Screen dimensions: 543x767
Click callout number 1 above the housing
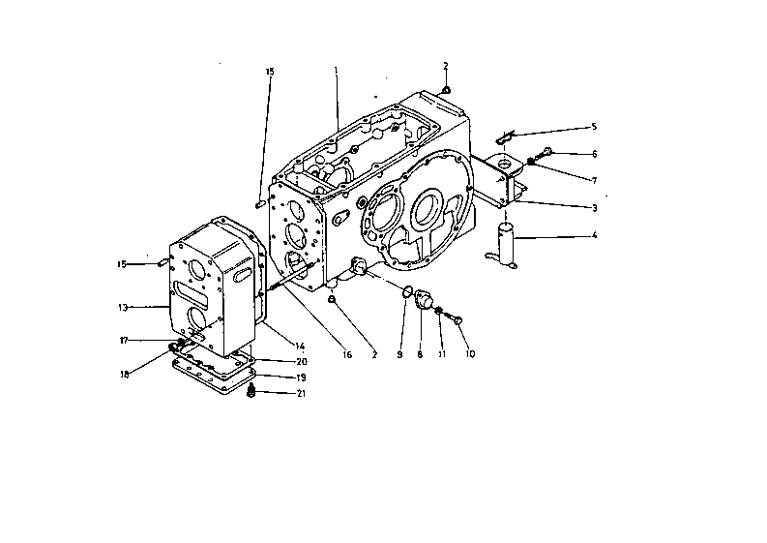(x=336, y=71)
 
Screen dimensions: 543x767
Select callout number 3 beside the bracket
(x=595, y=208)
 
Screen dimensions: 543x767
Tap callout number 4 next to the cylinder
(x=595, y=236)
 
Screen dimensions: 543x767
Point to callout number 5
(x=595, y=127)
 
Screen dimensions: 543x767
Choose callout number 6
(x=595, y=154)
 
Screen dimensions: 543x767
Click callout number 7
(x=595, y=180)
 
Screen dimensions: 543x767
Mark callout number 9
(x=398, y=355)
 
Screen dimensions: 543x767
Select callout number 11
(x=441, y=355)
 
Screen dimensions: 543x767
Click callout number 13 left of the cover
(x=123, y=308)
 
